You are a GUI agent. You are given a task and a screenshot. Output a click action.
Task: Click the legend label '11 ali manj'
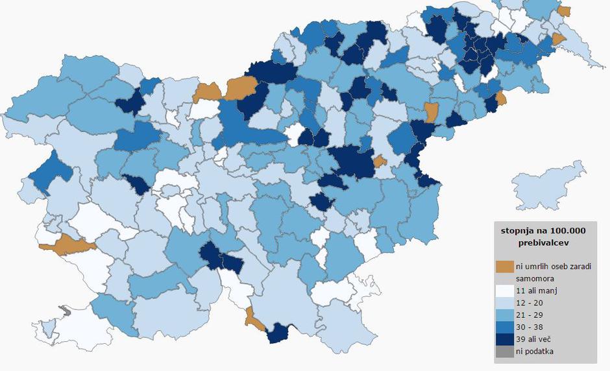(536, 290)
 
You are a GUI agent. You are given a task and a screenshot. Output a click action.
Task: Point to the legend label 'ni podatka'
(536, 352)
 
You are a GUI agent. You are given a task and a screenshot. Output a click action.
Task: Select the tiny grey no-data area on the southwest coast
(63, 311)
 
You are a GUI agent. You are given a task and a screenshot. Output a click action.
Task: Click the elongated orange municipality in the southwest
(67, 245)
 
